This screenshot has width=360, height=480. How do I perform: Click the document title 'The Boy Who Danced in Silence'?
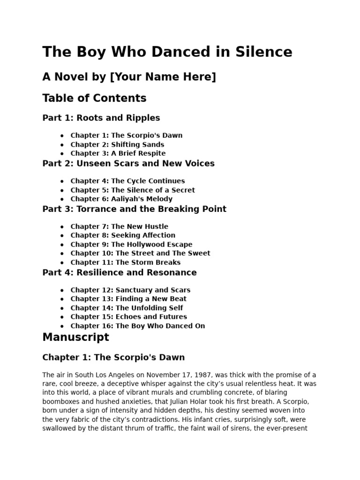coord(167,52)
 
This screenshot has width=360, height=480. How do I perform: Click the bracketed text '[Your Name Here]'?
coord(163,77)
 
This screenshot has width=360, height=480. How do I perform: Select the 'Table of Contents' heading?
coord(94,98)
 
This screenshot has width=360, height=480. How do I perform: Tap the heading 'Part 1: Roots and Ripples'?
coord(101,118)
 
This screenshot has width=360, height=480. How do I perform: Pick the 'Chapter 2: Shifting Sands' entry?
coord(117,144)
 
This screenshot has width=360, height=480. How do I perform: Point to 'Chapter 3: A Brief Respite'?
coord(118,153)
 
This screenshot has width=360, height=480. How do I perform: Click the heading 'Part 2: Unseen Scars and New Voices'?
coord(128,164)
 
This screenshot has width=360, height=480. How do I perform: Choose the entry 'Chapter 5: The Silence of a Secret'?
coord(133,190)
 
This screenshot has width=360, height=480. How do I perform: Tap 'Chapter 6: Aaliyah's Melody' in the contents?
coord(121,199)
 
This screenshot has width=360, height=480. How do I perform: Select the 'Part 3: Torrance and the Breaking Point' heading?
coord(134,209)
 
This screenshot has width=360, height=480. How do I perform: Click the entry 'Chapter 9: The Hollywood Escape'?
coord(131,244)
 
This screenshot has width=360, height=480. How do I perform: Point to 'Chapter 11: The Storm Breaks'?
coord(125,262)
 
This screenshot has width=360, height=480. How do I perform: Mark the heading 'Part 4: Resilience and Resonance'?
coord(120,273)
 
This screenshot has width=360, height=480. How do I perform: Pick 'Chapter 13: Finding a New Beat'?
coord(128,299)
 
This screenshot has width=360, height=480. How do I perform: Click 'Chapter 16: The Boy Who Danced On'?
coord(137,326)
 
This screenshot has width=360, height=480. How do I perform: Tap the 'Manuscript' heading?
coord(75,337)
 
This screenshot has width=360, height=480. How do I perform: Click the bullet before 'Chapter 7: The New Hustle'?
coord(62,227)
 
